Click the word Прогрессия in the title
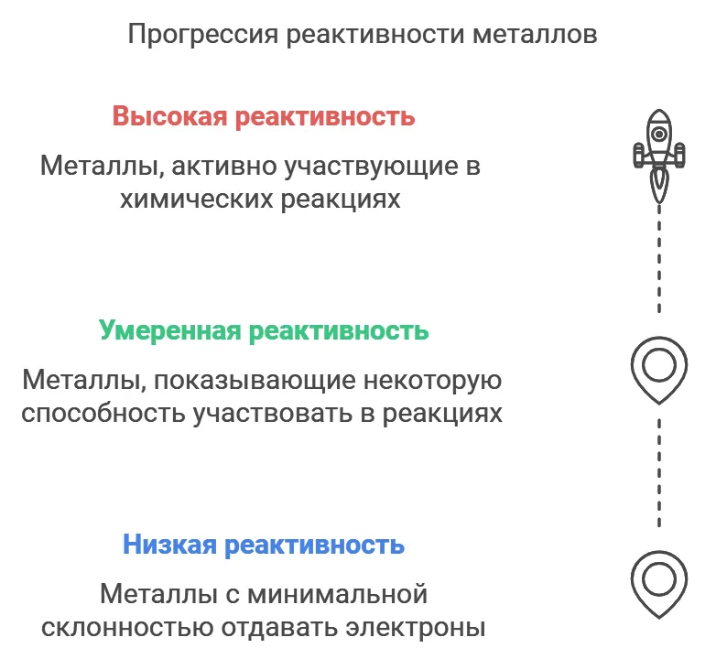202,35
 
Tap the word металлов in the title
535,35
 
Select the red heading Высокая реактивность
264,116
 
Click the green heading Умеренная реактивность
264,331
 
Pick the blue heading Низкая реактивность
264,545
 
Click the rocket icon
659,157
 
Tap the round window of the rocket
659,135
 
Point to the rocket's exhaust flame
659,187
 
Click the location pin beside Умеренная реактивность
659,371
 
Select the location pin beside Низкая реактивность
659,584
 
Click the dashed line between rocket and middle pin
659,260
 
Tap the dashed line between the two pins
659,473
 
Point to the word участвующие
371,167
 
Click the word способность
103,414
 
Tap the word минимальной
338,595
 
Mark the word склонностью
126,628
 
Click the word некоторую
432,381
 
